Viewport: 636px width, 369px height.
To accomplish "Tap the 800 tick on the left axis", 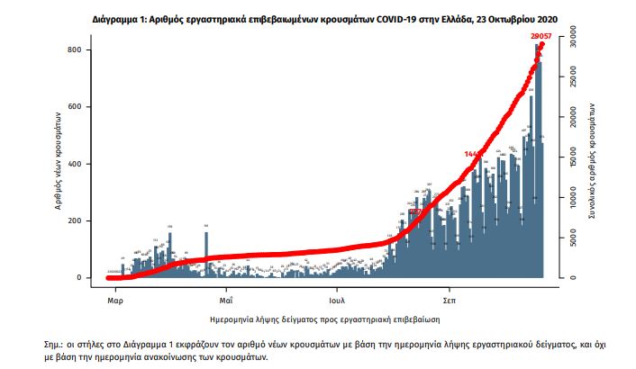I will (80, 50).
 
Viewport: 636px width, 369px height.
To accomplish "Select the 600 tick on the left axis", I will (80, 107).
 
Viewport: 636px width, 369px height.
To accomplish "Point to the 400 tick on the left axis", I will (80, 164).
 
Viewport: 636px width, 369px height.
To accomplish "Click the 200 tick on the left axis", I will (80, 220).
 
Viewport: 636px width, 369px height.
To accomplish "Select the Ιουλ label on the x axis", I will (339, 294).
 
